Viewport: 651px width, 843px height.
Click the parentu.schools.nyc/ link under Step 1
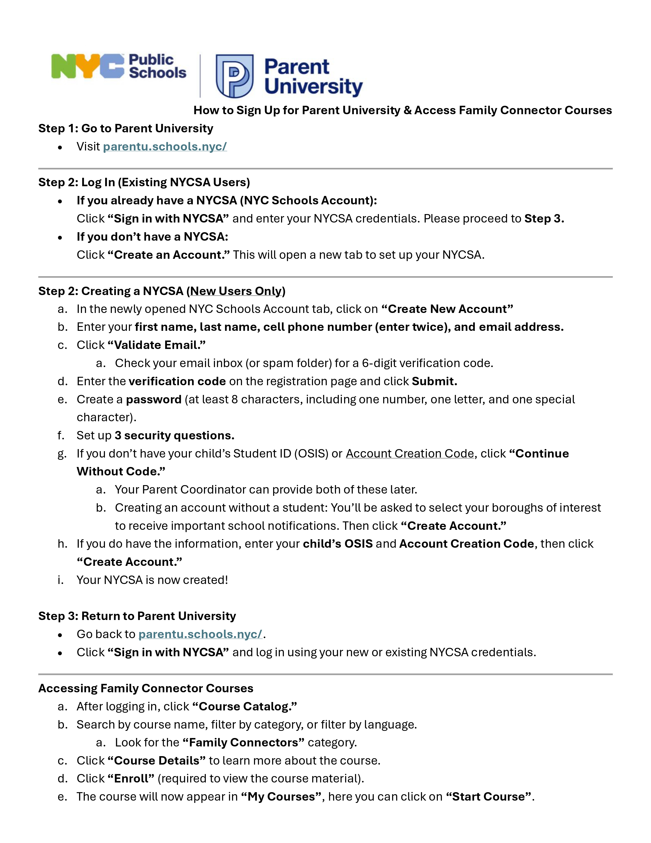165,147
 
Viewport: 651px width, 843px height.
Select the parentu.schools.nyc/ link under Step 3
200,634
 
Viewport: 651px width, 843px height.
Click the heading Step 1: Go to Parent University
125,128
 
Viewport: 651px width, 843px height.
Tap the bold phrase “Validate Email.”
156,345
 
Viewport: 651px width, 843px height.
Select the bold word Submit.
434,381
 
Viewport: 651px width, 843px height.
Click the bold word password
153,400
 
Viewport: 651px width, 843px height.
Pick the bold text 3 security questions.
174,436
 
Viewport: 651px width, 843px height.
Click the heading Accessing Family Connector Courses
146,689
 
